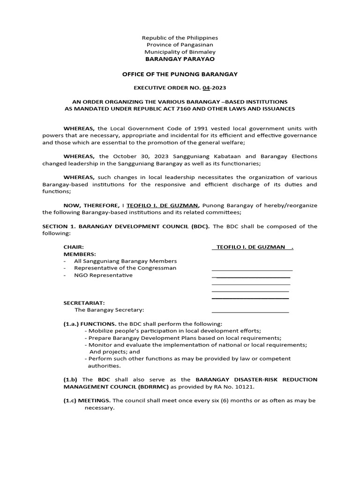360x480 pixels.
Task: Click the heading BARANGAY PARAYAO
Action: (180, 59)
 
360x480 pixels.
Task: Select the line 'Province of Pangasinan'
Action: (180, 45)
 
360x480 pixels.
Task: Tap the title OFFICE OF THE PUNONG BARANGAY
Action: (180, 74)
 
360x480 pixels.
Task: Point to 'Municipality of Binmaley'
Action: (180, 52)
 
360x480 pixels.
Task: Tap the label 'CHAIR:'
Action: (74, 247)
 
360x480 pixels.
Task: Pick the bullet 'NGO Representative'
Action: (103, 275)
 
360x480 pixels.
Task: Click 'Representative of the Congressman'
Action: (125, 268)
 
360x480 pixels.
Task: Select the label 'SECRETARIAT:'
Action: (84, 303)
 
